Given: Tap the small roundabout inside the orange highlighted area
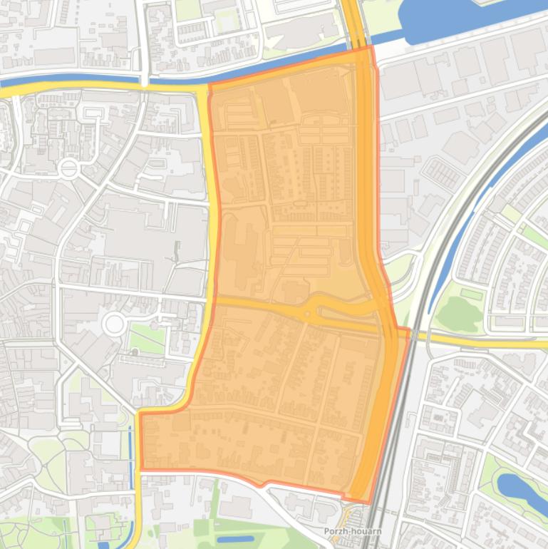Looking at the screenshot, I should pos(309,313).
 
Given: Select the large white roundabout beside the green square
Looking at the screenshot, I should pos(114,324).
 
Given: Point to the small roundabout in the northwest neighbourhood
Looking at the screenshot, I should pos(68,169).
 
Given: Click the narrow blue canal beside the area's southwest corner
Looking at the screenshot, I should pos(131,456).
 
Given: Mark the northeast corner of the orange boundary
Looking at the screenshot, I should pos(371,47).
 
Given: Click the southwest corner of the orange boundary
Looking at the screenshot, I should pos(142,469).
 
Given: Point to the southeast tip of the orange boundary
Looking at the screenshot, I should pos(369,502).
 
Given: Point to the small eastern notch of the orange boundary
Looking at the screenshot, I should pos(410,330).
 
